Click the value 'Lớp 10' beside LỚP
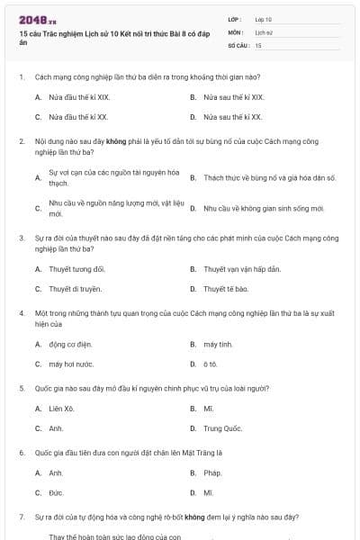click(263, 19)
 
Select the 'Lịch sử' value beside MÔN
click(263, 31)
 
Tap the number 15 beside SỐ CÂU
click(258, 44)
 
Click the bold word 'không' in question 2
click(115, 141)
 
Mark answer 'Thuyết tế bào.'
click(226, 289)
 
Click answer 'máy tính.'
click(218, 344)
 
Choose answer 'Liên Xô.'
click(62, 409)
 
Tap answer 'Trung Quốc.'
click(222, 428)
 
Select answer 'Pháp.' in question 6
click(212, 472)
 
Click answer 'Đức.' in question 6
click(56, 492)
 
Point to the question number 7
click(21, 517)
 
